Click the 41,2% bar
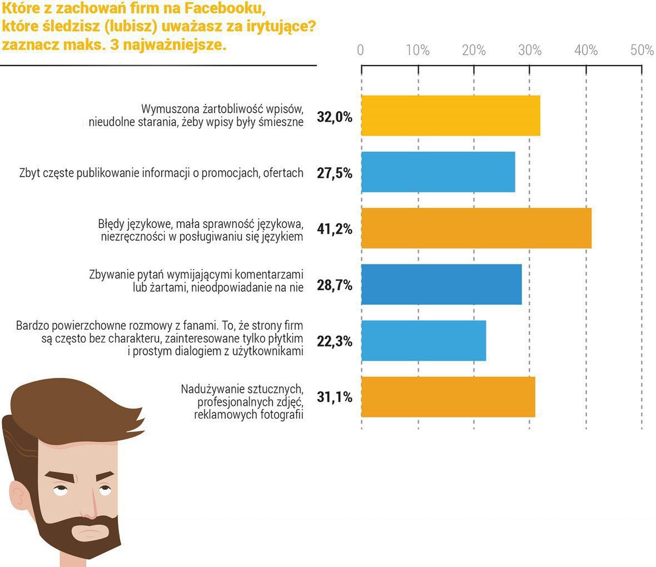[x=476, y=228]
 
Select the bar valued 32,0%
[x=450, y=116]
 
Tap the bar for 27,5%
[x=438, y=172]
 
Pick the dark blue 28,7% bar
[x=441, y=284]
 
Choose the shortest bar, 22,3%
[x=424, y=341]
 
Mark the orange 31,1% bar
[x=448, y=397]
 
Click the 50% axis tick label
[x=642, y=51]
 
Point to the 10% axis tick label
[x=418, y=51]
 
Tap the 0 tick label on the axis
[x=361, y=51]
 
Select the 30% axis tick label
[x=530, y=51]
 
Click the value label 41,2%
[x=335, y=228]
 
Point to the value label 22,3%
[x=335, y=341]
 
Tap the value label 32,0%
[x=335, y=116]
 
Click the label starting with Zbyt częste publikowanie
[x=161, y=173]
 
